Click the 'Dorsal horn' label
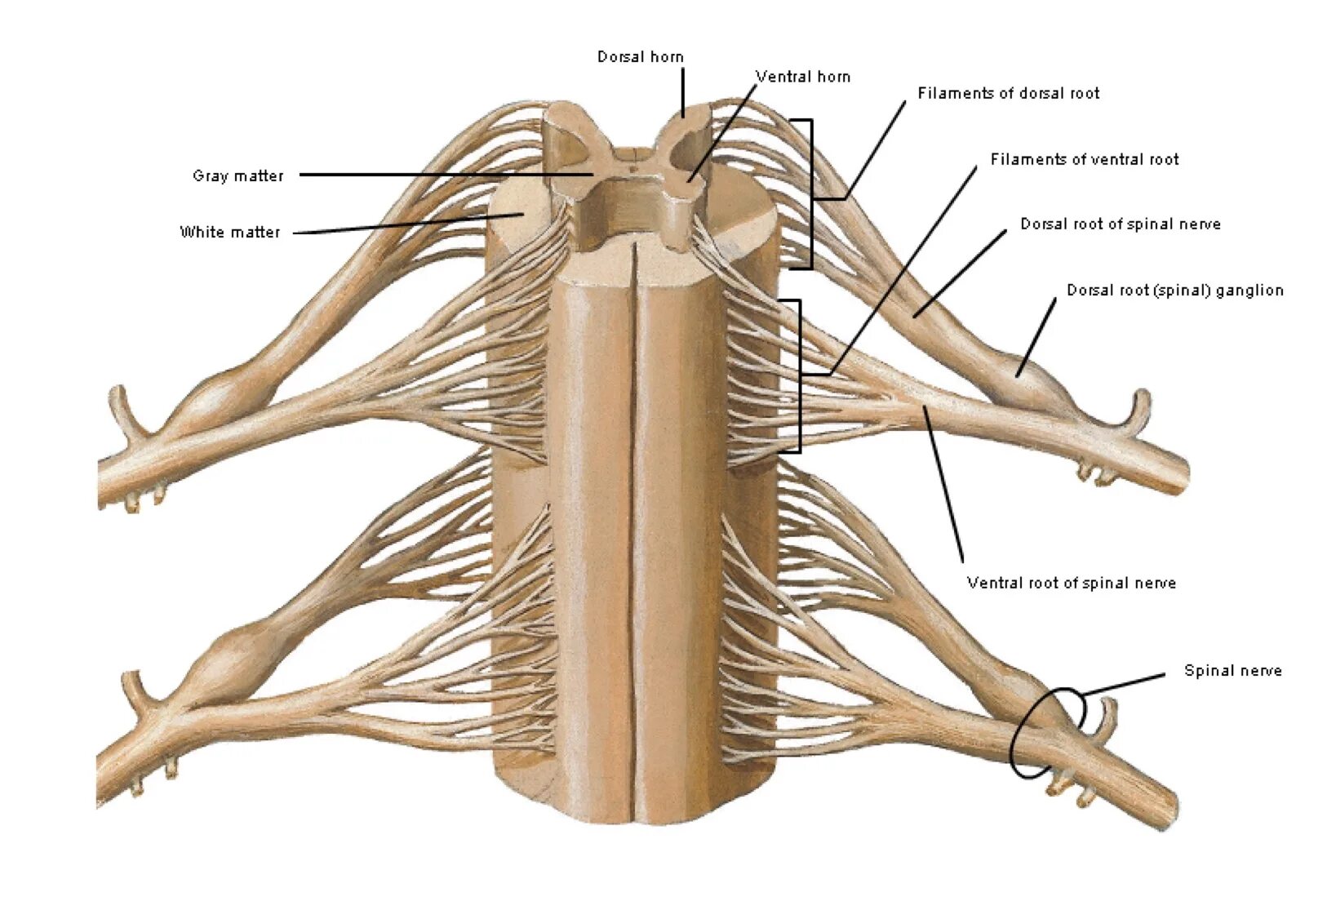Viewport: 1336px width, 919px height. tap(640, 56)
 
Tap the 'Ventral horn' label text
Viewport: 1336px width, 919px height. tap(802, 77)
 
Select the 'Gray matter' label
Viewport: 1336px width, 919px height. tap(237, 175)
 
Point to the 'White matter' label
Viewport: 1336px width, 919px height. tap(229, 232)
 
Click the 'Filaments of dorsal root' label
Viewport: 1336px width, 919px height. tap(1008, 93)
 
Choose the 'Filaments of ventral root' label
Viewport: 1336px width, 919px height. tap(1084, 159)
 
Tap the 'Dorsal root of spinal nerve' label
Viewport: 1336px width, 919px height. tap(1120, 224)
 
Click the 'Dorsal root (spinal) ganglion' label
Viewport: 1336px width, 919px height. tap(1174, 290)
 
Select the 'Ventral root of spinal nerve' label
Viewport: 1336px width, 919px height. tap(1071, 583)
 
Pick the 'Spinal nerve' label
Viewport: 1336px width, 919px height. tap(1232, 671)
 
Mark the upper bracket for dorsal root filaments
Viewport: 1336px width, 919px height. tap(810, 194)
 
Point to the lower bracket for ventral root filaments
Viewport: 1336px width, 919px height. tap(799, 375)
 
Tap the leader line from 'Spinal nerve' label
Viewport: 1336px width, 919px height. tap(1125, 685)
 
